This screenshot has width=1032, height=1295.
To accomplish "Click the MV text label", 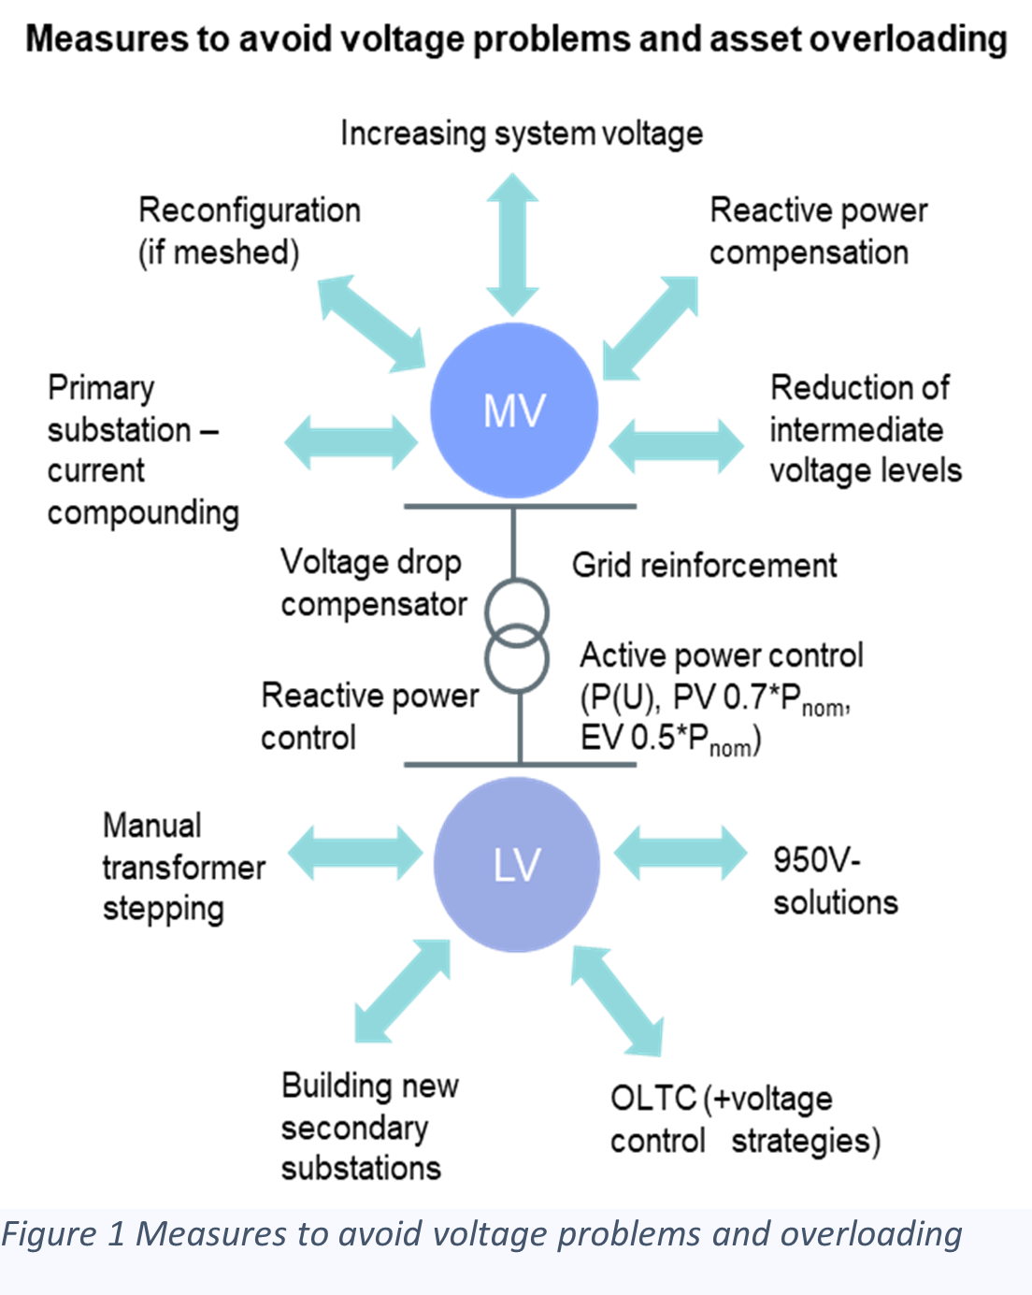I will pos(514,411).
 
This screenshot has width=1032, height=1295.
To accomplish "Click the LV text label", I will pos(517,866).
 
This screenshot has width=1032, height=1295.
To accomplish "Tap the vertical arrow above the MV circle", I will pos(512,244).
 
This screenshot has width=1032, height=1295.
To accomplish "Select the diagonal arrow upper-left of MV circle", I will pos(371,324).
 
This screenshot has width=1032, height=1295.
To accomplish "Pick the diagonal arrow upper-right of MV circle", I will pos(651,328).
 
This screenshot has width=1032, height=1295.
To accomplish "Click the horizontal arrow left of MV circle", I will pos(351,442).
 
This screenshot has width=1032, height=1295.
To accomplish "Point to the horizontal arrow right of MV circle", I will pos(676,446).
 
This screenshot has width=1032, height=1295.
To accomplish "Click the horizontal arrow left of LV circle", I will pos(354,852).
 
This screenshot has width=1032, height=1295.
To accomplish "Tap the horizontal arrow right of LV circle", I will pos(681,852).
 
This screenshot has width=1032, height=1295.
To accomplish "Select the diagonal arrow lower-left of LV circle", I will pos(402,992).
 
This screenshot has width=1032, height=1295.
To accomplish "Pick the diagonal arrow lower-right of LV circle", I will pos(618,1000).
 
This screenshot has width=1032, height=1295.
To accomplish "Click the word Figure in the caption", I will pos(49,1234).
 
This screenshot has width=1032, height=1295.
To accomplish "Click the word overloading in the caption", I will pos(870,1234).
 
